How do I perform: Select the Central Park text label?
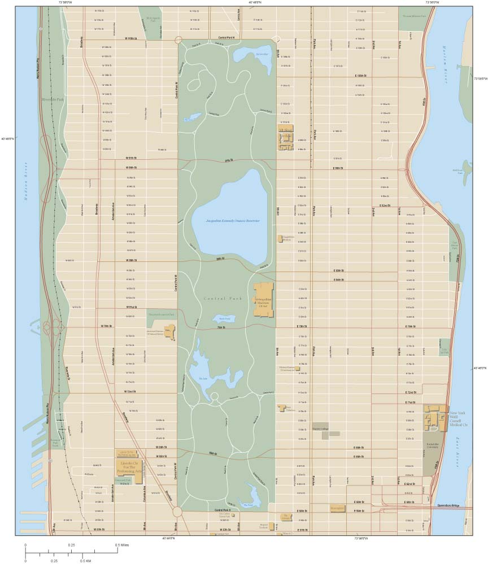point(222,298)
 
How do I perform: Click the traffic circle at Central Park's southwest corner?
point(177,511)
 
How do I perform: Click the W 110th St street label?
point(131,38)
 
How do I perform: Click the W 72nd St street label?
point(131,391)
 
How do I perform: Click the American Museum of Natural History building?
point(169,332)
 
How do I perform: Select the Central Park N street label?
point(226,38)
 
